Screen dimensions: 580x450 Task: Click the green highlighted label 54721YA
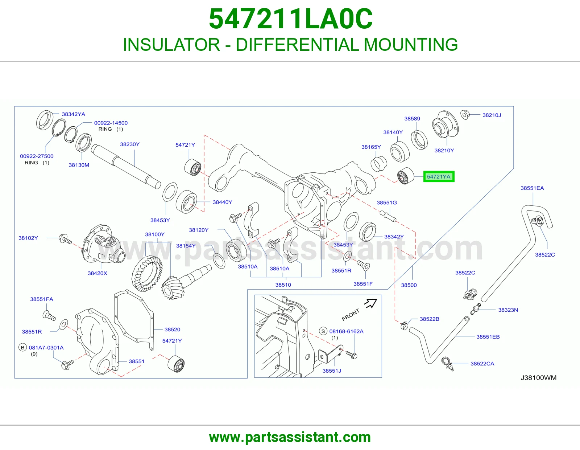[439, 177]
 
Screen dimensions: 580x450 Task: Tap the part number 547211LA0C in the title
[290, 19]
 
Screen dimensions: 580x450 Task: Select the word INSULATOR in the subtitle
[171, 45]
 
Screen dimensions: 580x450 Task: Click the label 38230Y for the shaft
[130, 144]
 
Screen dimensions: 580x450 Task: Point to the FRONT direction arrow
[370, 303]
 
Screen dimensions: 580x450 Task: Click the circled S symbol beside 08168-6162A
[323, 331]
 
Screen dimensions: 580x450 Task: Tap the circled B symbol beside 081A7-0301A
[23, 348]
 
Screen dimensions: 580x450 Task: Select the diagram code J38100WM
[539, 377]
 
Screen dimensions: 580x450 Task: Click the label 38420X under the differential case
[98, 273]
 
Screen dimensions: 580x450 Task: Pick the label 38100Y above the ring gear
[155, 234]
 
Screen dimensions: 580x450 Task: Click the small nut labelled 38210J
[465, 115]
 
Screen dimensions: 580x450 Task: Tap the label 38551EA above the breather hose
[532, 188]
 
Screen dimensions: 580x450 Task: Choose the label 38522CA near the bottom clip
[482, 363]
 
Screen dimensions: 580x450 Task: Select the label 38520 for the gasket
[173, 330]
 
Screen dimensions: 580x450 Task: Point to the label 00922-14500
[111, 123]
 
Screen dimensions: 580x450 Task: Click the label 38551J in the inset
[332, 371]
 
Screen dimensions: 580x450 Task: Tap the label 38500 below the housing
[409, 285]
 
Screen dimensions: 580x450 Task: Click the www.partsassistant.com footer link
[290, 437]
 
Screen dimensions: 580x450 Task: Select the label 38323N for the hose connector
[508, 310]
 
